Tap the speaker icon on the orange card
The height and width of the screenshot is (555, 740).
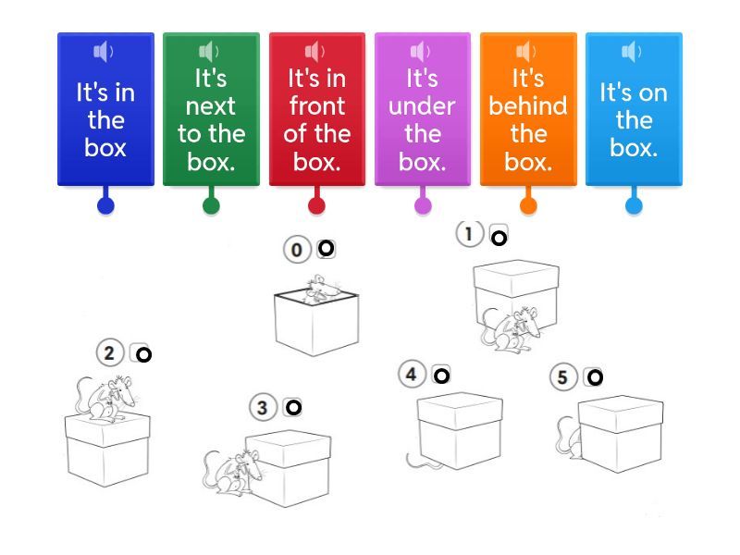(526, 52)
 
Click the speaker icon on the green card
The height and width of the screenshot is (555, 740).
(209, 52)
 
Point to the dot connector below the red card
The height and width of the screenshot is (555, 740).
(316, 205)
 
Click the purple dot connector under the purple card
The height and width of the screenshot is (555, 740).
(423, 205)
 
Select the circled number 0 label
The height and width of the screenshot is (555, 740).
(297, 250)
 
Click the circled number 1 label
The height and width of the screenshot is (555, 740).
(469, 235)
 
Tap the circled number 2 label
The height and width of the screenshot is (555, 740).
(109, 352)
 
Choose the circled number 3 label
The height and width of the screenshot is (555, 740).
(263, 407)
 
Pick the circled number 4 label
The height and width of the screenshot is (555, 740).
(412, 375)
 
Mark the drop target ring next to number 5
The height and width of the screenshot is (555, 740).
(595, 376)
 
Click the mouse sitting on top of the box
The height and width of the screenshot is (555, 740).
(106, 398)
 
